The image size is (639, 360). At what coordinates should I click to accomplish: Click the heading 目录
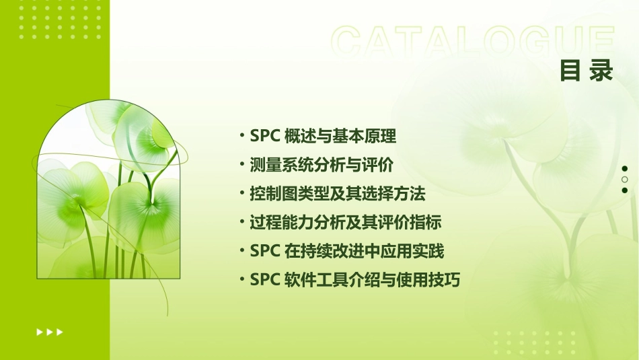coord(587,71)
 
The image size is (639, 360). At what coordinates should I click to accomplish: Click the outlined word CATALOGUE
coord(473,42)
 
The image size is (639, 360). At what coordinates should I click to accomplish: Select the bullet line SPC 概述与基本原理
coord(323,137)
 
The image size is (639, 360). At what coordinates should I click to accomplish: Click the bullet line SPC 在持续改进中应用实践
coord(346,252)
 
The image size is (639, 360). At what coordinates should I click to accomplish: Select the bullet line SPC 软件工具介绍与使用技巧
coord(354,280)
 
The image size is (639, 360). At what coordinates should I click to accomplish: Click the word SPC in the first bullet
coord(264,137)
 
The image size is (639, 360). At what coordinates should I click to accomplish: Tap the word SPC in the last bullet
coord(264,280)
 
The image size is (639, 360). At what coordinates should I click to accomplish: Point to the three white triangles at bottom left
coord(49,332)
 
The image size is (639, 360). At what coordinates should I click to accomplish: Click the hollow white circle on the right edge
coord(624,180)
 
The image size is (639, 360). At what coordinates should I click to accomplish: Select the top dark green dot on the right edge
coord(624,169)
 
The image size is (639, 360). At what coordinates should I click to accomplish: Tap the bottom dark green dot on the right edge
coord(624,190)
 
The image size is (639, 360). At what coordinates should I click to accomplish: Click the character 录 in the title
coord(601,71)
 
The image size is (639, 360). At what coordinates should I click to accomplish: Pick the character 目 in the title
coord(570,71)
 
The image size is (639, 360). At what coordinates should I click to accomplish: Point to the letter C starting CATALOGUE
coord(348,42)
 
